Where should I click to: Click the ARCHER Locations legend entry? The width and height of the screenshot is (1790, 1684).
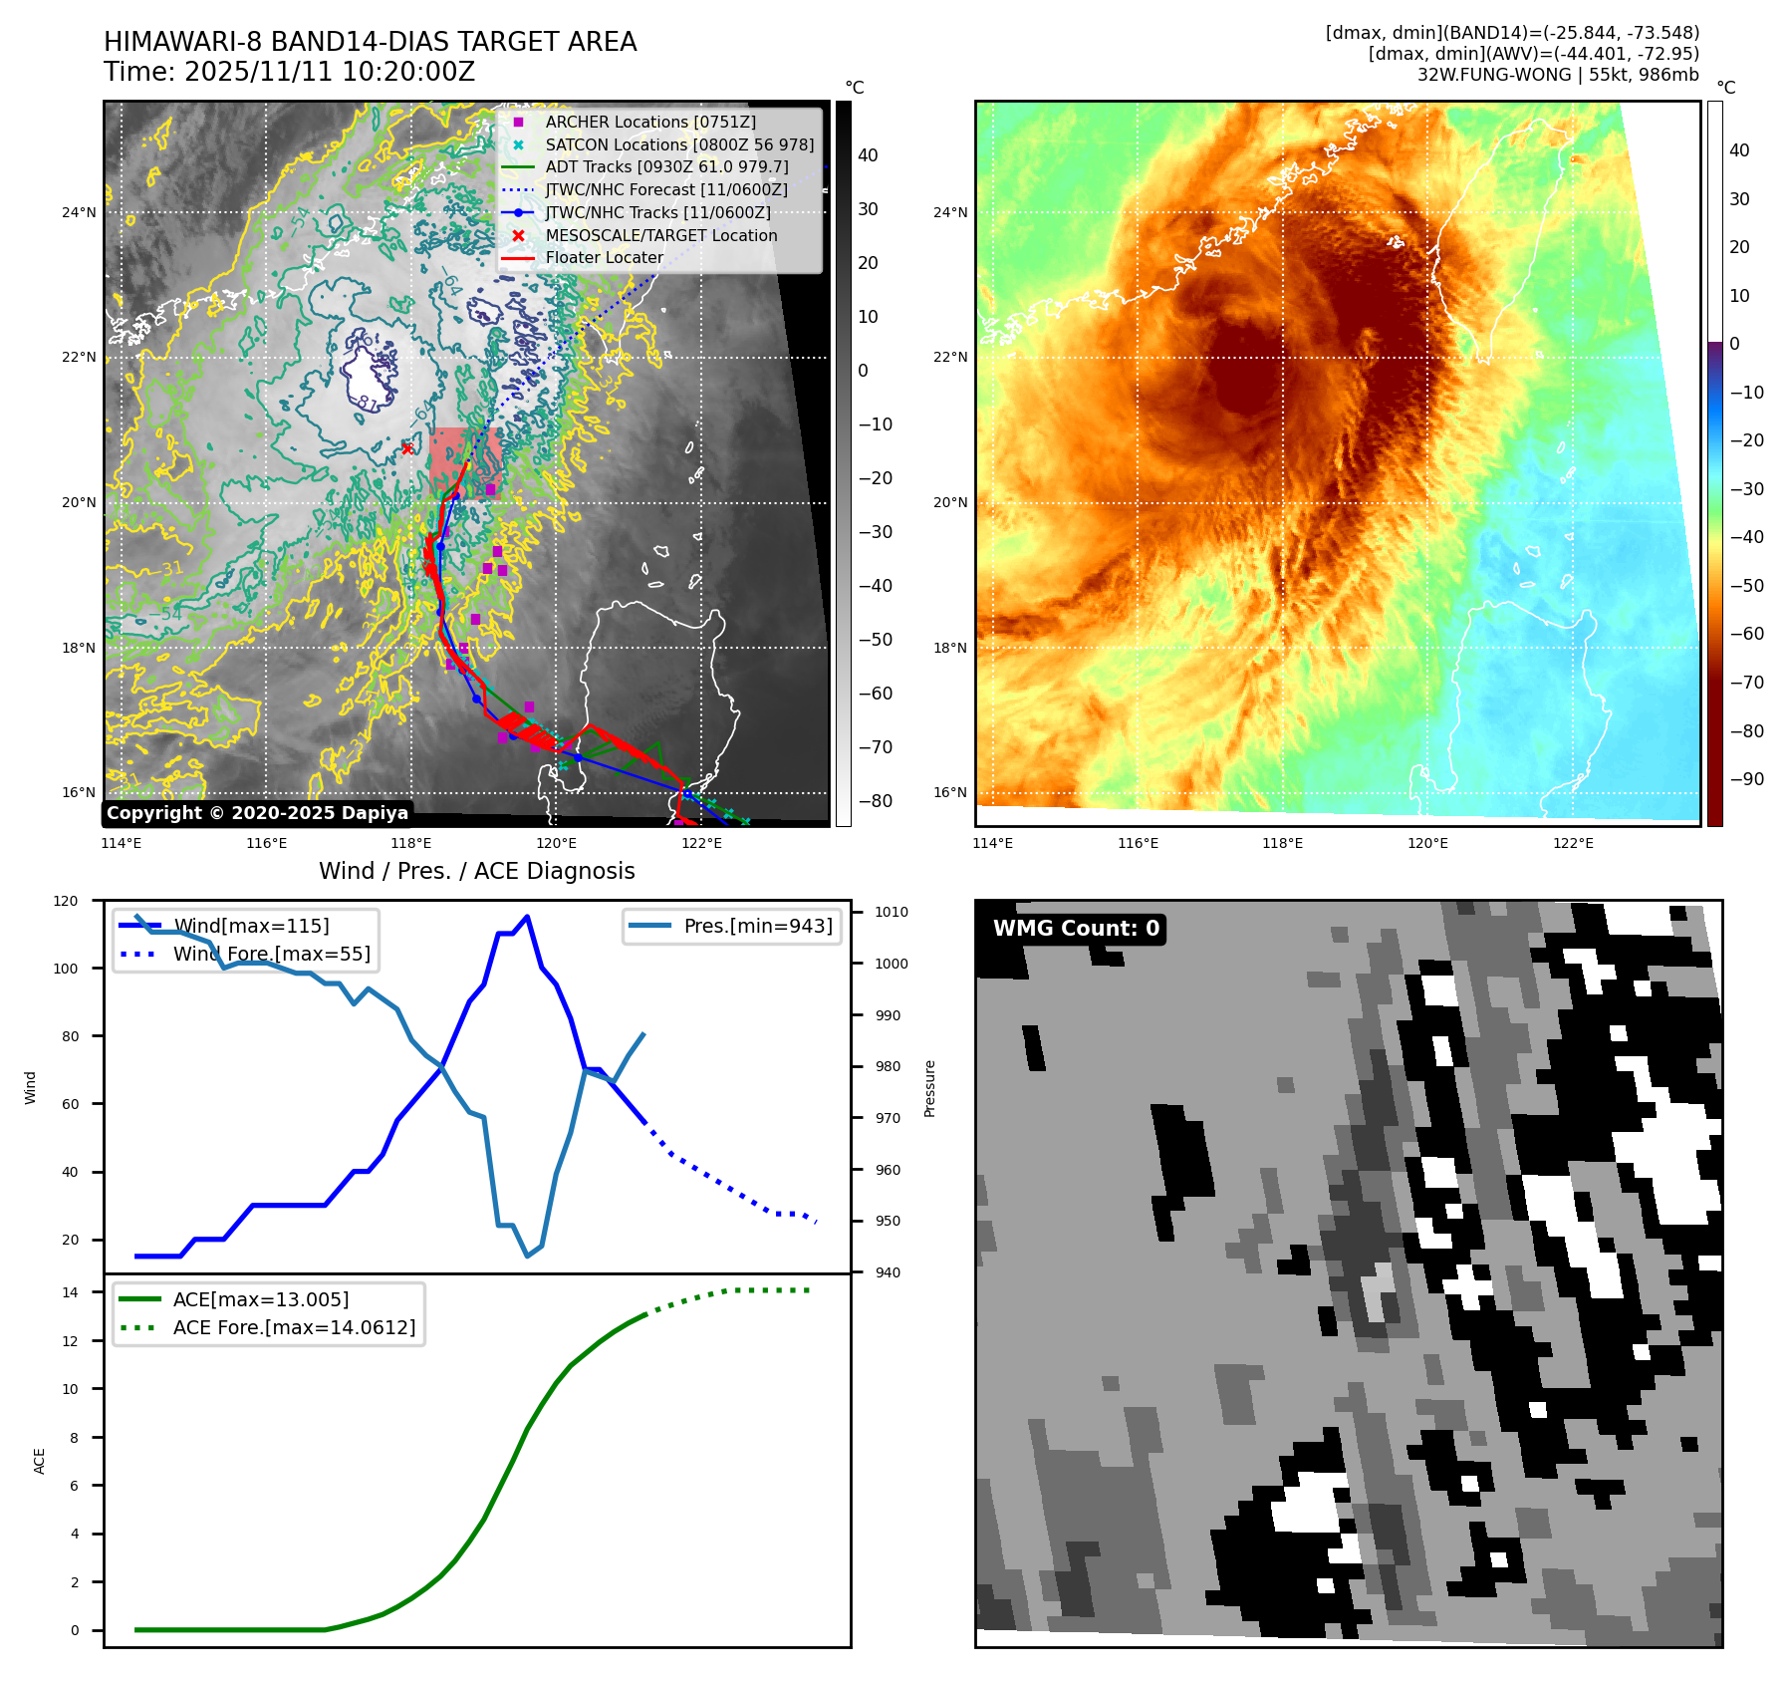pos(649,122)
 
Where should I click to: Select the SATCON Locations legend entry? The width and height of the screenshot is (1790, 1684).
pos(679,144)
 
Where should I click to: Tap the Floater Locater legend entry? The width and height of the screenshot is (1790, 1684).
pos(604,257)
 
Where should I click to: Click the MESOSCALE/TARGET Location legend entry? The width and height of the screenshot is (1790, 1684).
pos(660,235)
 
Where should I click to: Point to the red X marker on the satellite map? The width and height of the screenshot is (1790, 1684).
pos(406,448)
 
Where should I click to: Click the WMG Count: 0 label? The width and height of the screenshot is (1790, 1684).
pos(1076,928)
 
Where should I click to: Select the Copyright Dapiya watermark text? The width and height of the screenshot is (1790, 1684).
pos(257,813)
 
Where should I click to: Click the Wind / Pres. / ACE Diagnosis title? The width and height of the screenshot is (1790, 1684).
pos(476,871)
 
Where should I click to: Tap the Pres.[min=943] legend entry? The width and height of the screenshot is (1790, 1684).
pos(757,926)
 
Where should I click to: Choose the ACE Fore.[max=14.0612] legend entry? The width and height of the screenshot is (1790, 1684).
pos(294,1327)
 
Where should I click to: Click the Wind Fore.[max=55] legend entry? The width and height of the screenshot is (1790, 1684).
pos(271,954)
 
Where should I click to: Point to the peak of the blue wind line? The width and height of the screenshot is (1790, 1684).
pos(527,917)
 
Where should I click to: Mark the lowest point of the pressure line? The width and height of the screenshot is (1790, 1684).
pos(527,1256)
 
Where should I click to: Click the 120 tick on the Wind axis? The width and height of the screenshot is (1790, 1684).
pos(66,901)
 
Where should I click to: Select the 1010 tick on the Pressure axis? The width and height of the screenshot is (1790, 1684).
pos(892,912)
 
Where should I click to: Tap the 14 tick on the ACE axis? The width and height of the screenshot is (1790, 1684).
pos(70,1292)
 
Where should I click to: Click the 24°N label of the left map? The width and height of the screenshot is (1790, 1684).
pos(79,212)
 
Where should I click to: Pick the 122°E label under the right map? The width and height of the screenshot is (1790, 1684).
pos(1573,843)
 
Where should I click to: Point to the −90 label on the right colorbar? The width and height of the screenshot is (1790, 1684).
pos(1746,779)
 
